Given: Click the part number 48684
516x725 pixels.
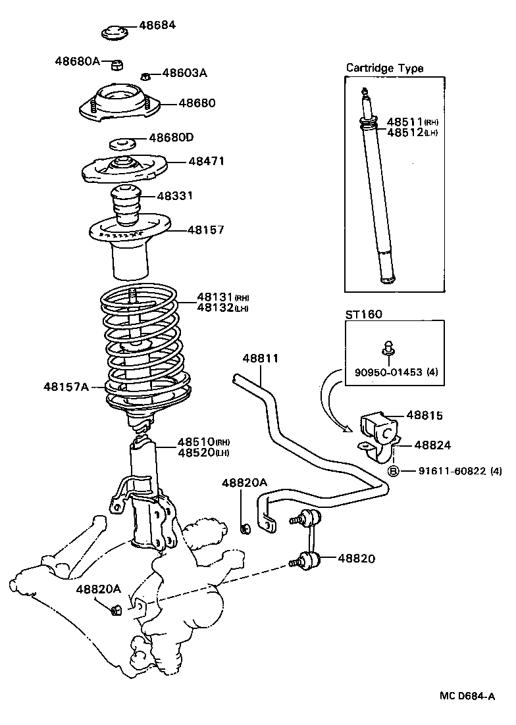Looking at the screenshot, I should click(158, 26).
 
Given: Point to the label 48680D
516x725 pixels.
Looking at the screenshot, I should click(170, 137).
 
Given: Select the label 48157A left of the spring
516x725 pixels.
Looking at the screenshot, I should click(66, 386).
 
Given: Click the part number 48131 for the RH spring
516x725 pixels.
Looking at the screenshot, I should click(215, 297).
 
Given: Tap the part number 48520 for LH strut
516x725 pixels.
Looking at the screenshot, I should click(195, 453).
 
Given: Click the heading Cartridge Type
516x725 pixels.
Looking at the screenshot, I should click(385, 68).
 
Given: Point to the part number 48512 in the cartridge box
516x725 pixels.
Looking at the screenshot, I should click(404, 132).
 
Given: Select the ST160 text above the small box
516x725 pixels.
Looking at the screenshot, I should click(363, 314).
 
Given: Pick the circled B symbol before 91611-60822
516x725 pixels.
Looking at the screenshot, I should click(394, 470).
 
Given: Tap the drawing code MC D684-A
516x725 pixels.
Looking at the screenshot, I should click(468, 696).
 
